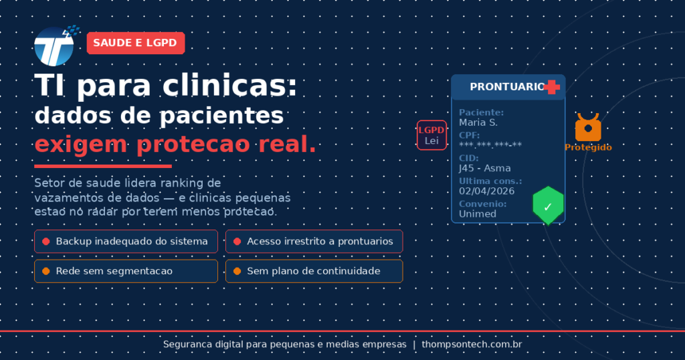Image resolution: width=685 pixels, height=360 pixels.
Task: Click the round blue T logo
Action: point(54,46)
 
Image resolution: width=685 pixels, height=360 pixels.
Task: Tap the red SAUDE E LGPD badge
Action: point(136,43)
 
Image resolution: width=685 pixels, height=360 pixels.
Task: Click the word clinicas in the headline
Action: point(230,85)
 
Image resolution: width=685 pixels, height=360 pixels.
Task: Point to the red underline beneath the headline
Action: point(103,166)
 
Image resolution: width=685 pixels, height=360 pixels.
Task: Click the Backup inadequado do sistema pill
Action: point(126,241)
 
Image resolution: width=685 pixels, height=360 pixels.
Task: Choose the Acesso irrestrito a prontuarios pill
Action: point(314,241)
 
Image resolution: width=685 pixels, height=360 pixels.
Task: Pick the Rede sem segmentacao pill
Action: point(126,271)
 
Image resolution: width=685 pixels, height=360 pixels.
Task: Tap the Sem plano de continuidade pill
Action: point(314,271)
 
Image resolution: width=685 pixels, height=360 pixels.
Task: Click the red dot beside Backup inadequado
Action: point(46,241)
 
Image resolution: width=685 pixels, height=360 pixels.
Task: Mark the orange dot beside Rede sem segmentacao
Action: point(46,271)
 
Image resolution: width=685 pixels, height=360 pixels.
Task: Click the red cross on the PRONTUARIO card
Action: point(552,87)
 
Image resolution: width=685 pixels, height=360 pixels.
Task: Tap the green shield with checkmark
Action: point(548,206)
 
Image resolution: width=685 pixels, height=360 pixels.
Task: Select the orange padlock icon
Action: point(588,127)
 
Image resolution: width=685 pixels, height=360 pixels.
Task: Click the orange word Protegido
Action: point(588,147)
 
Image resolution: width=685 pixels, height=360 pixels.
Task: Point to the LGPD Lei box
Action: point(431,135)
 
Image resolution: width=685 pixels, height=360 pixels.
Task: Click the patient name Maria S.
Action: point(478,122)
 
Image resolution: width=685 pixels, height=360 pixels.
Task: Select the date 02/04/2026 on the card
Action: point(487,191)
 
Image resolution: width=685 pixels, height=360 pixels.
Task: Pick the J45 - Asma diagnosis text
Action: point(484,168)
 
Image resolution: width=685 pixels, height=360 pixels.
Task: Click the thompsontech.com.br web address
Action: point(472,344)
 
